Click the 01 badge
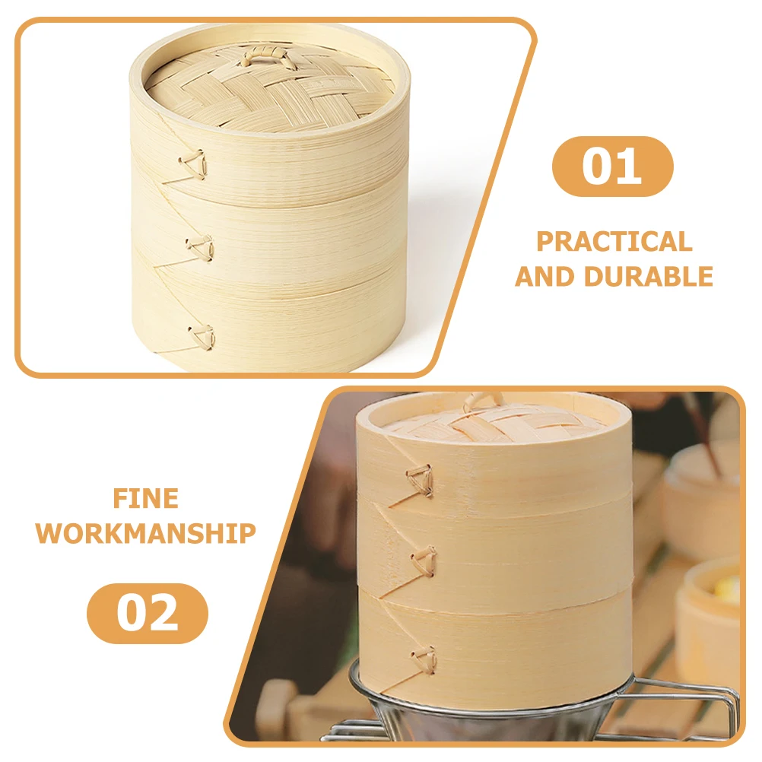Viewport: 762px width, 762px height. pyautogui.click(x=612, y=166)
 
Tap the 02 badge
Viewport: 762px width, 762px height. pyautogui.click(x=148, y=613)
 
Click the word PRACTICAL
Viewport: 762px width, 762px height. pyautogui.click(x=614, y=241)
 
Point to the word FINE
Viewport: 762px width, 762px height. pyautogui.click(x=145, y=498)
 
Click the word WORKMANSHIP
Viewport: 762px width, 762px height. pyautogui.click(x=145, y=532)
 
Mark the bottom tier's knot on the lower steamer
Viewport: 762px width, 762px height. pyautogui.click(x=424, y=657)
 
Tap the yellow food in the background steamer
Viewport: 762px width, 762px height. pyautogui.click(x=728, y=590)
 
